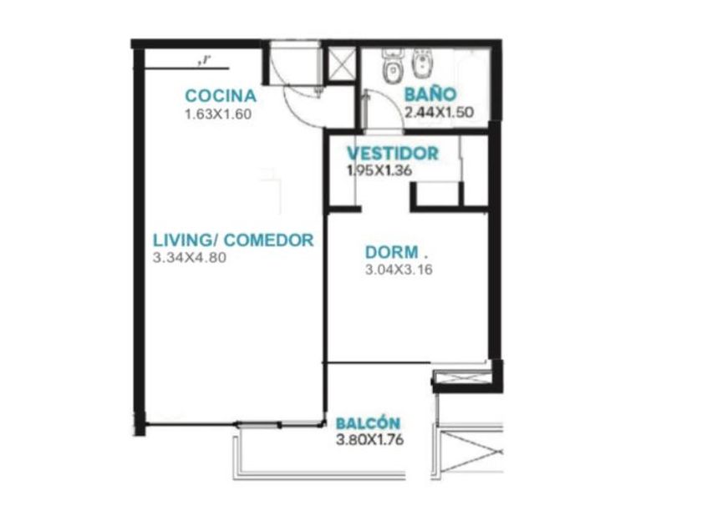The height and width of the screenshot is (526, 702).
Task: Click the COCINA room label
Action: coord(221,96)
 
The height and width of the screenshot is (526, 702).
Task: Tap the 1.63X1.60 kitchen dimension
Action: coord(218,114)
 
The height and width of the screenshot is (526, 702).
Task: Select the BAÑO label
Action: coord(430,94)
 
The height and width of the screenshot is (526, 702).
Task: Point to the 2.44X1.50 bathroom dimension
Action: coord(439,112)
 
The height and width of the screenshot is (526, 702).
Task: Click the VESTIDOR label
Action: coord(393,154)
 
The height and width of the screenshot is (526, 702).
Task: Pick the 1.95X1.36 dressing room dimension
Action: coord(379,170)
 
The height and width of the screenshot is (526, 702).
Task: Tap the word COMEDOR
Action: coord(268,240)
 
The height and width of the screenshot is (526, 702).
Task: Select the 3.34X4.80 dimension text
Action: coord(190,258)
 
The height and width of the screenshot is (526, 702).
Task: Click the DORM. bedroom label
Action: coord(396,252)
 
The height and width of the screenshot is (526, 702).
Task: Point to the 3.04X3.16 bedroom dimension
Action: coord(399,270)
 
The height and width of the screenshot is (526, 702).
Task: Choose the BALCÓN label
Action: coord(368,423)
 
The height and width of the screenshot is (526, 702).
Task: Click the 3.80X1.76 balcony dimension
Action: coord(369,440)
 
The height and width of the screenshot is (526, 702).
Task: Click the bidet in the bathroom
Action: coord(420,66)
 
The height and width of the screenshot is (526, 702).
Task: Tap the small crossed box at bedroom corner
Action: coord(462,378)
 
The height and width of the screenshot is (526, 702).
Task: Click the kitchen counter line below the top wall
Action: coord(187,68)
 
